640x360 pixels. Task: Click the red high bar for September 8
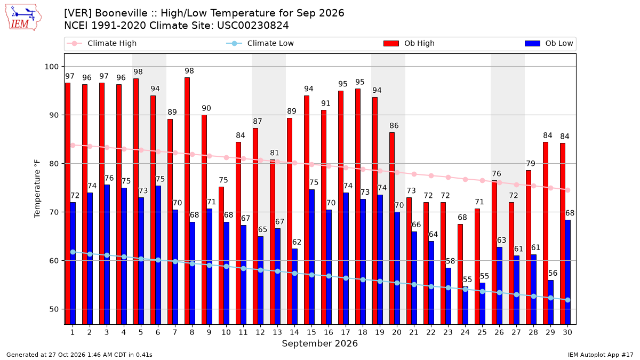pyautogui.click(x=187, y=201)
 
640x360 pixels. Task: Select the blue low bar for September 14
pyautogui.click(x=294, y=286)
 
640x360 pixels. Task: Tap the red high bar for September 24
pyautogui.click(x=460, y=274)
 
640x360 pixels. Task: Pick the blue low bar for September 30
pyautogui.click(x=567, y=273)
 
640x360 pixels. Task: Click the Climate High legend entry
pyautogui.click(x=101, y=43)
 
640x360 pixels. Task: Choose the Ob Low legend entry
pyautogui.click(x=549, y=43)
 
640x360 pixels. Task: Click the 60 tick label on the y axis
pyautogui.click(x=53, y=261)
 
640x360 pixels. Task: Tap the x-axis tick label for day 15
pyautogui.click(x=311, y=332)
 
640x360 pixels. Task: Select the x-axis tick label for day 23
pyautogui.click(x=448, y=332)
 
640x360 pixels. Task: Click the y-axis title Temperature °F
pyautogui.click(x=37, y=189)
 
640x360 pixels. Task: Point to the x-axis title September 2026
pyautogui.click(x=319, y=343)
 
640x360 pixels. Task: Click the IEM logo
pyautogui.click(x=23, y=18)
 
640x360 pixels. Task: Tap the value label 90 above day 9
pyautogui.click(x=206, y=108)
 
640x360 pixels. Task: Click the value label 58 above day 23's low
pyautogui.click(x=450, y=261)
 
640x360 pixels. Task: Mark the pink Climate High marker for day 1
pyautogui.click(x=73, y=146)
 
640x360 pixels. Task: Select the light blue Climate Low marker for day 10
pyautogui.click(x=226, y=266)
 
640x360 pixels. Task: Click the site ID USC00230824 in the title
pyautogui.click(x=253, y=26)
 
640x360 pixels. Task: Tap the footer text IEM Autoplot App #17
pyautogui.click(x=601, y=355)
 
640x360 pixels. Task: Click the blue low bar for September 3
pyautogui.click(x=107, y=254)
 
